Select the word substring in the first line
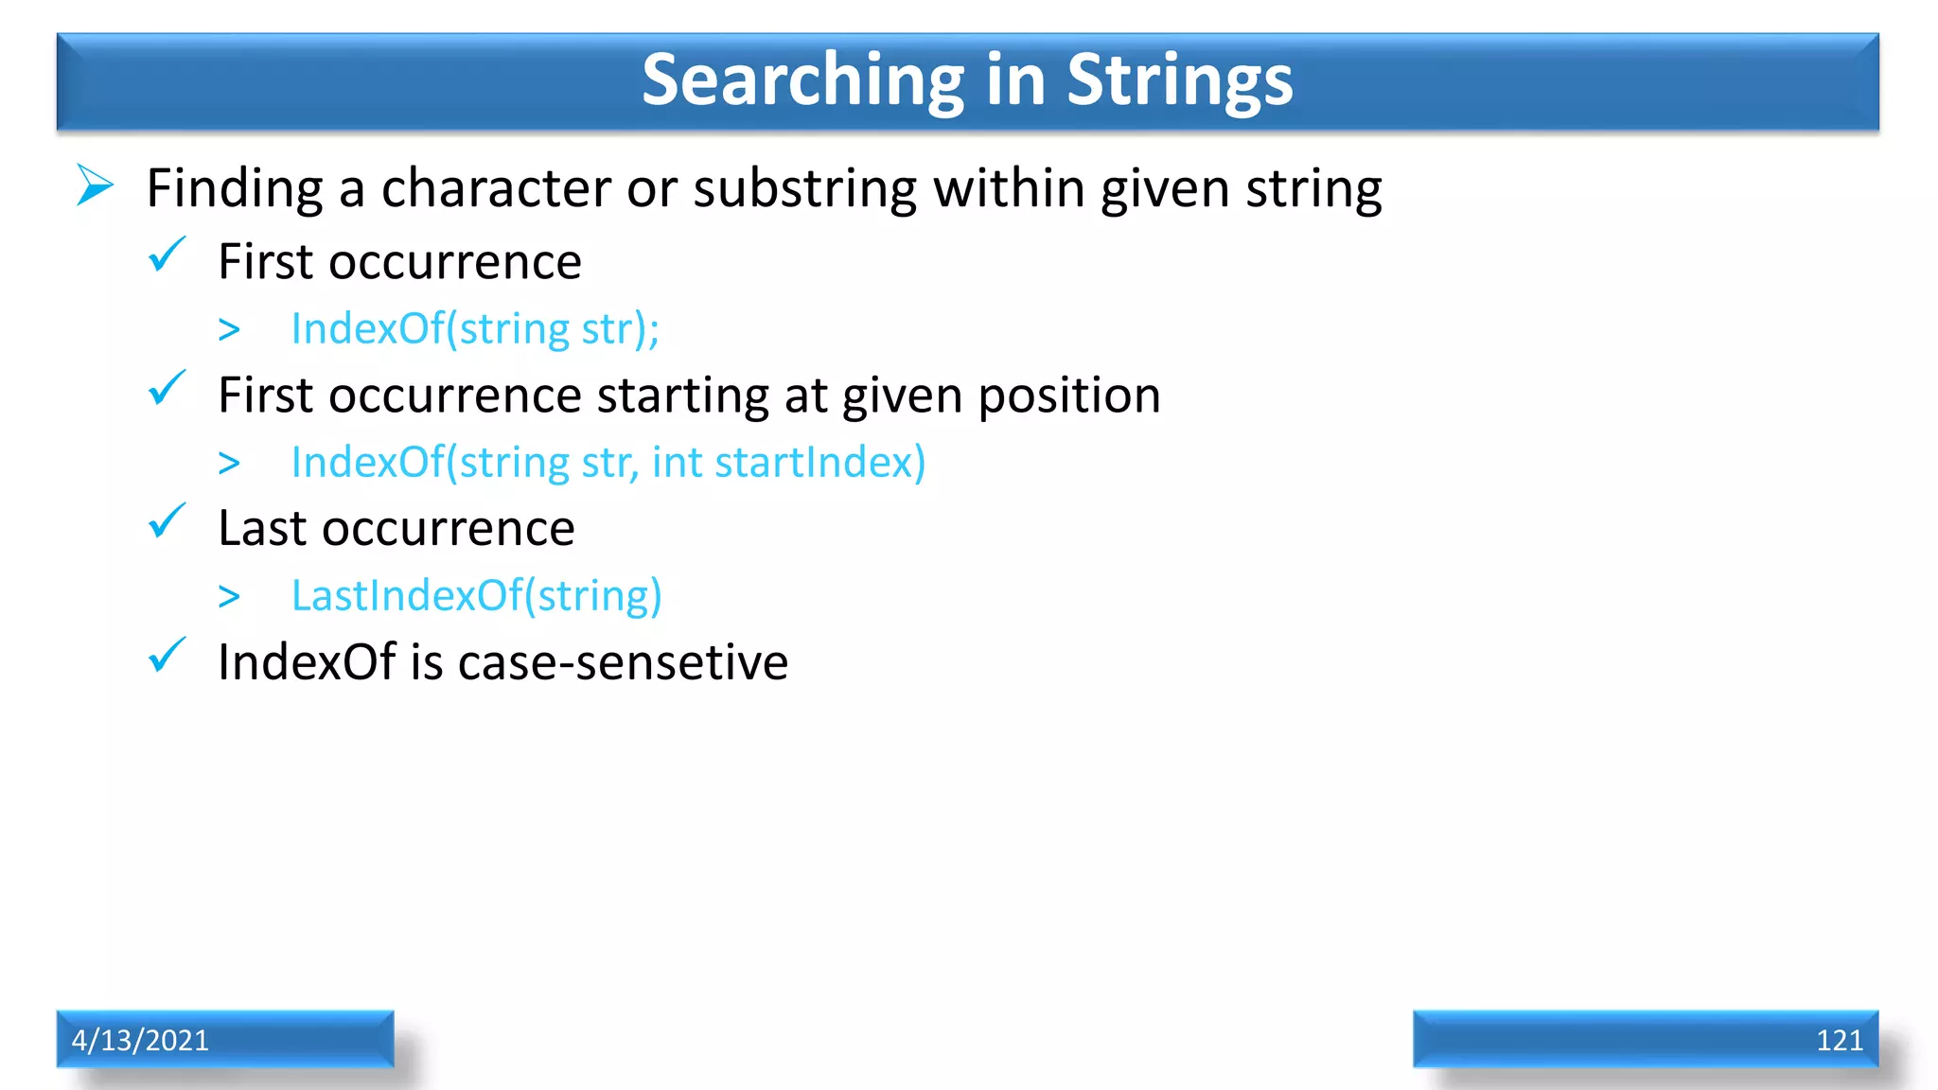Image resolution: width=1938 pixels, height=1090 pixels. (804, 189)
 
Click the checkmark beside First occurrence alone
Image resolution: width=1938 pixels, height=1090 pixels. (167, 255)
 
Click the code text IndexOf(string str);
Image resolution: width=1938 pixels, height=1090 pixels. (474, 329)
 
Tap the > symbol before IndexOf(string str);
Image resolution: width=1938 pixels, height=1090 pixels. (229, 330)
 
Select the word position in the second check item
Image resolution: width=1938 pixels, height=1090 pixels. (1068, 396)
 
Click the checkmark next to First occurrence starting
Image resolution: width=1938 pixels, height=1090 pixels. (167, 389)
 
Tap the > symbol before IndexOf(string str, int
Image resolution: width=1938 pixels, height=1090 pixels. (229, 464)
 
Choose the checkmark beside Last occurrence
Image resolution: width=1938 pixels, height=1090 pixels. (167, 522)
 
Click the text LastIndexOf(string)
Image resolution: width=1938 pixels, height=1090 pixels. (476, 596)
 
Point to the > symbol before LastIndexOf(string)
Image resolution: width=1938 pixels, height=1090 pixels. (229, 597)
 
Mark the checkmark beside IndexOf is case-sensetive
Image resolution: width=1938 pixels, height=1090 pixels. (167, 656)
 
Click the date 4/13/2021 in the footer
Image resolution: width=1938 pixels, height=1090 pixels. (140, 1040)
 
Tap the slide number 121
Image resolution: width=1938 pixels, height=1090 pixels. (1839, 1040)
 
